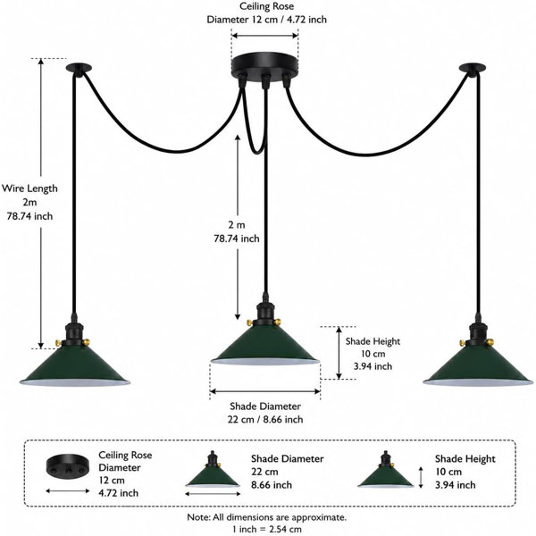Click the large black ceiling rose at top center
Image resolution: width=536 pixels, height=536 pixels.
pos(265,68)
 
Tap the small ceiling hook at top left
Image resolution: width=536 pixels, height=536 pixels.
pos(79,68)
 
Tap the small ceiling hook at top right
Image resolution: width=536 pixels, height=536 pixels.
pos(473,69)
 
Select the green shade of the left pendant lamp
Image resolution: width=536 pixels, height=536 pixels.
pos(75,368)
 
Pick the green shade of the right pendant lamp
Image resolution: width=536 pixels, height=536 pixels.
pos(478,368)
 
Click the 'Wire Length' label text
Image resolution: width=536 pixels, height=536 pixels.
pos(29,188)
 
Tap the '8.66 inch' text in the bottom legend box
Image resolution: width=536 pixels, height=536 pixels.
pos(272,485)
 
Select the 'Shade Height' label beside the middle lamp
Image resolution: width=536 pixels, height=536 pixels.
pos(373,341)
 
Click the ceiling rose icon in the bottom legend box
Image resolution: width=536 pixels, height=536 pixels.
pos(68,466)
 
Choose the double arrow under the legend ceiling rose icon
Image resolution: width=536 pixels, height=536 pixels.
pos(68,491)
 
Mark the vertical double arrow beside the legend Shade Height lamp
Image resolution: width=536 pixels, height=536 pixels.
pos(421,477)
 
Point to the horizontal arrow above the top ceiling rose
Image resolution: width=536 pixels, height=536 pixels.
pos(265,36)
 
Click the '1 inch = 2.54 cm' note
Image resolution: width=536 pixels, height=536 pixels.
pos(267,530)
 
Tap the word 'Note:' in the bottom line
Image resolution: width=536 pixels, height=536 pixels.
pos(198,517)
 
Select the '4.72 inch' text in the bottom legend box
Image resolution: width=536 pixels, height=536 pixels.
pos(119,493)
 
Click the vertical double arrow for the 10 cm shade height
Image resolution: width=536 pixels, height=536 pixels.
pos(339,353)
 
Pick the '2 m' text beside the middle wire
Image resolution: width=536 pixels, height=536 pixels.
pos(237,225)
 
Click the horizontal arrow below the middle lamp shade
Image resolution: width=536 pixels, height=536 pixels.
pos(265,391)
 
